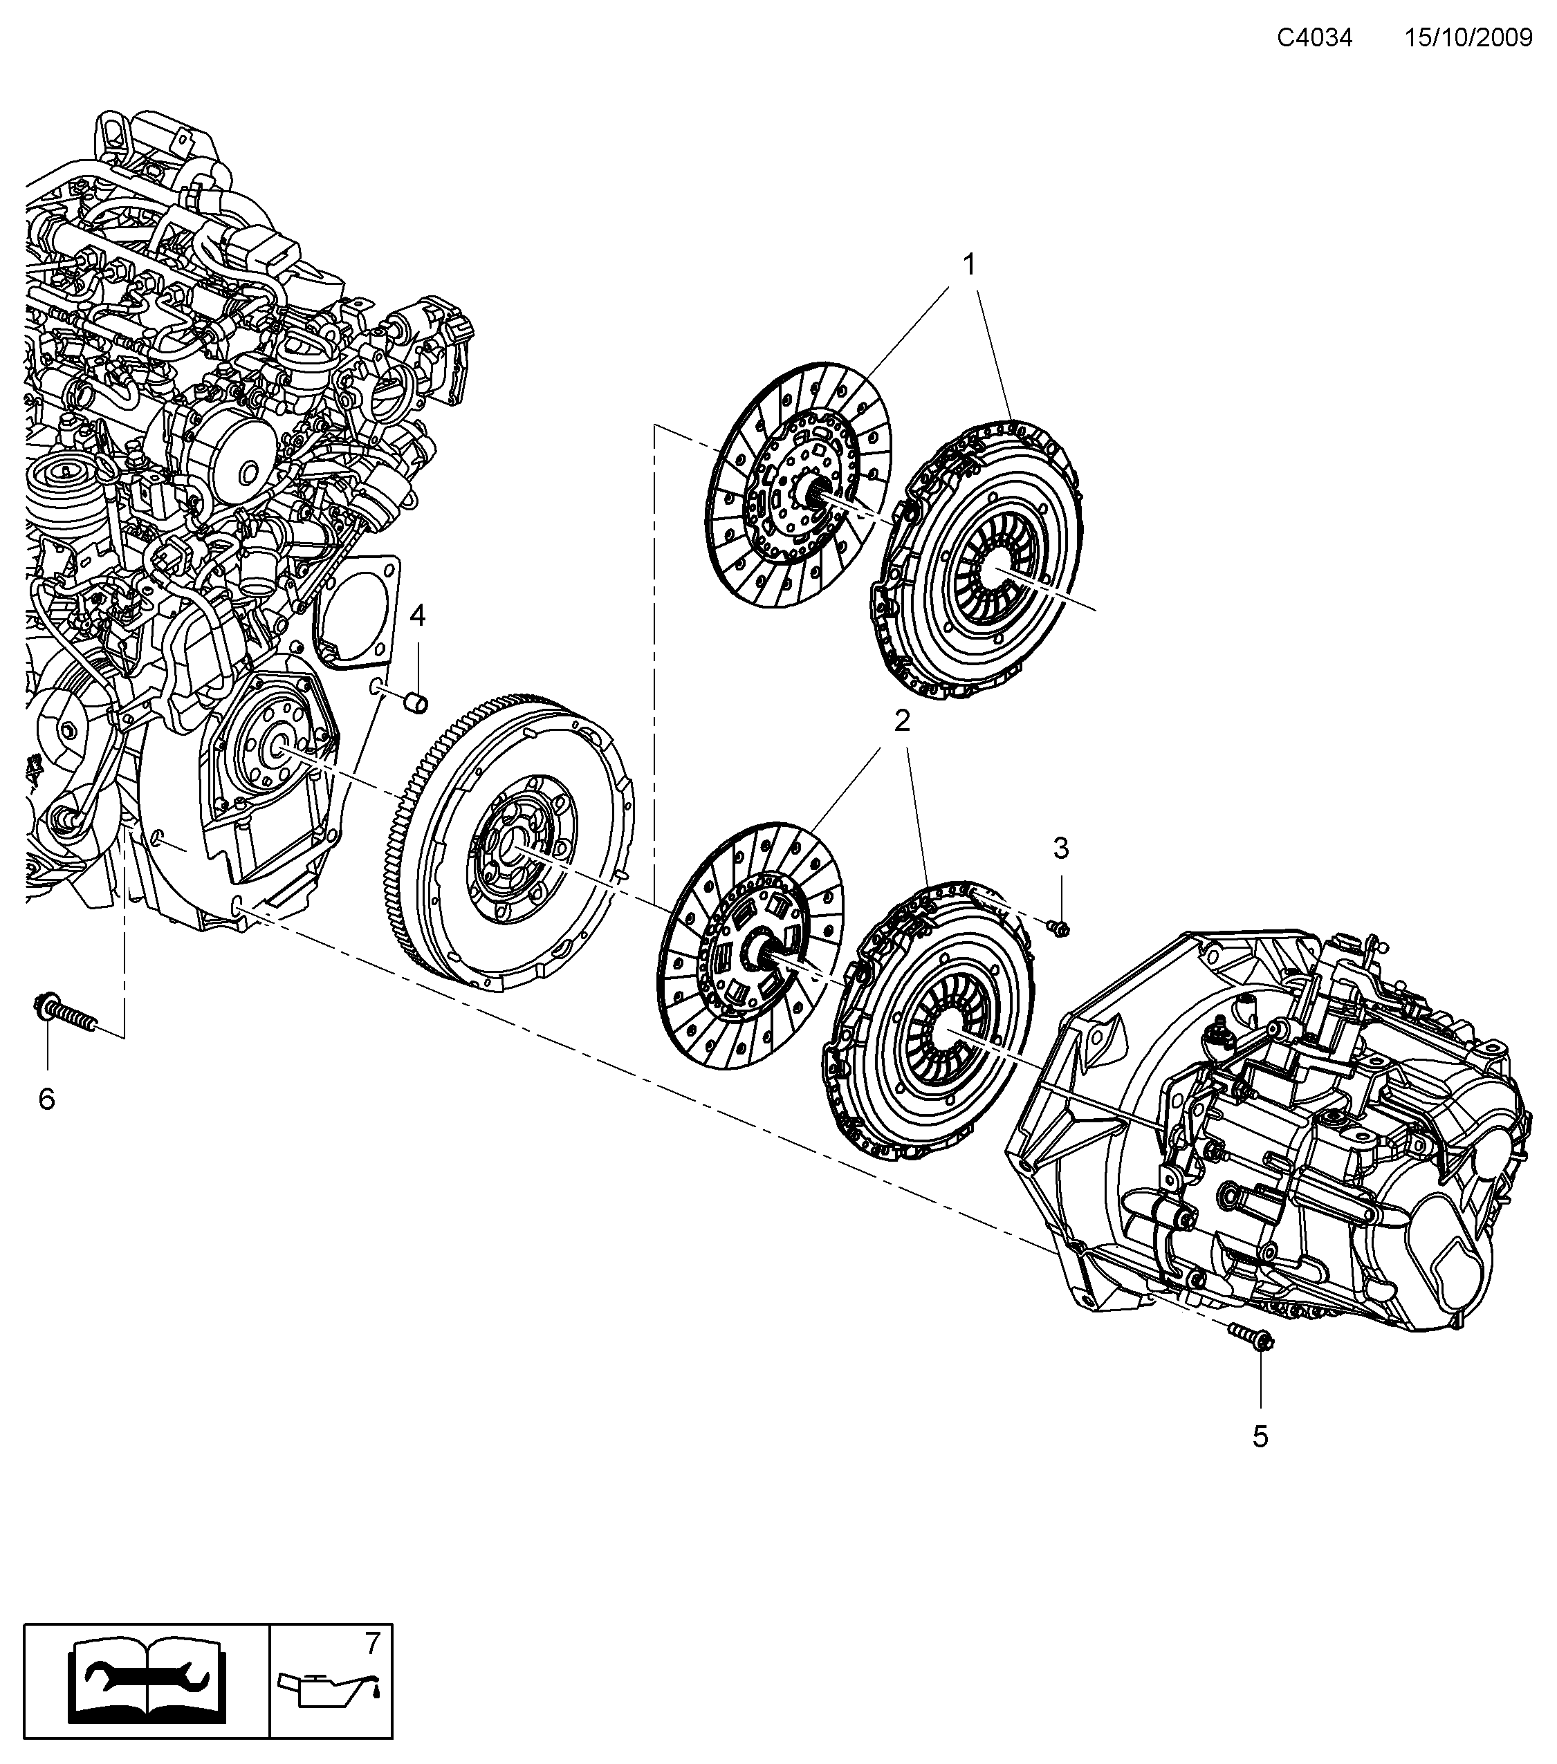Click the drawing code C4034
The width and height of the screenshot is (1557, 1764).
[1314, 38]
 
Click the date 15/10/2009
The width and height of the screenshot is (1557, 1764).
[1468, 38]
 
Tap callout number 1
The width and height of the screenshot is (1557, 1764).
[969, 264]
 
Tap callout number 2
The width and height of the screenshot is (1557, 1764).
[902, 721]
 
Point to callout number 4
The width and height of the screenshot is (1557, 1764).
[418, 615]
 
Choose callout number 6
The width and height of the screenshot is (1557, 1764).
[46, 1099]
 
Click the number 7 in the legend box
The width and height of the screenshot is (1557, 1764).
[372, 1644]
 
